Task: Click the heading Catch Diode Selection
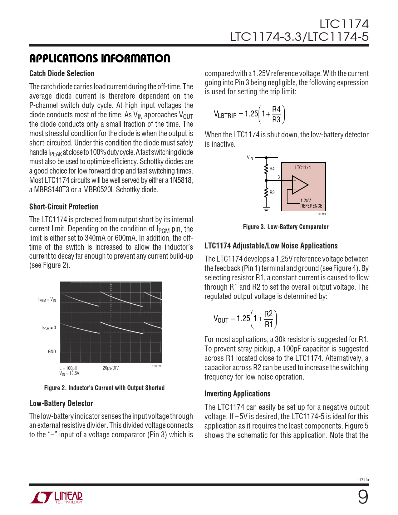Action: click(62, 74)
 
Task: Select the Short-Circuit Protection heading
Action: click(64, 207)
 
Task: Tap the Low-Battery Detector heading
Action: click(61, 404)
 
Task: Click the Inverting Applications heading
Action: click(237, 394)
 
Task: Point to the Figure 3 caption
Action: click(286, 227)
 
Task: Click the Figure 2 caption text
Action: click(104, 388)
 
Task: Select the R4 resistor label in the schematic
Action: click(272, 169)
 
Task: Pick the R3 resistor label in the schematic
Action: click(272, 193)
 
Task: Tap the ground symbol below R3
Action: click(266, 208)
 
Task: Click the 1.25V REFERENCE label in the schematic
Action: click(311, 204)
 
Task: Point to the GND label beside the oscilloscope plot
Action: click(52, 352)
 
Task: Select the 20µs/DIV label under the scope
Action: click(111, 368)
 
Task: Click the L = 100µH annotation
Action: click(68, 368)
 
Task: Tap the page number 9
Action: click(363, 497)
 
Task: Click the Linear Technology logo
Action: click(57, 498)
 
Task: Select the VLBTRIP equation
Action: click(249, 115)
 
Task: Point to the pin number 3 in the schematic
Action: click(279, 177)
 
